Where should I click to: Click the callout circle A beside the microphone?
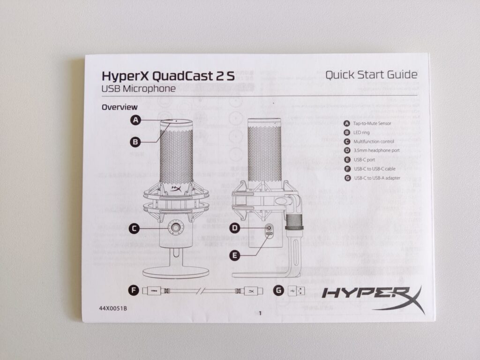pyautogui.click(x=136, y=120)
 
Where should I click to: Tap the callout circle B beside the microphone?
pyautogui.click(x=136, y=141)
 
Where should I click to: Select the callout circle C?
pyautogui.click(x=135, y=228)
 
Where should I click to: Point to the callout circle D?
pyautogui.click(x=236, y=228)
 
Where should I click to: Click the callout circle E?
pyautogui.click(x=236, y=255)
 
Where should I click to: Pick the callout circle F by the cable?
pyautogui.click(x=135, y=291)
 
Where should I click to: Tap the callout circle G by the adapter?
pyautogui.click(x=279, y=291)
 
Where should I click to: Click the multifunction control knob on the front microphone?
pyautogui.click(x=176, y=228)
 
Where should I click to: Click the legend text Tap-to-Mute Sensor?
pyautogui.click(x=373, y=123)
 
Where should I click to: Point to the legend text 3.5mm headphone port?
pyautogui.click(x=376, y=150)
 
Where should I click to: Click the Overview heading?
pyautogui.click(x=120, y=107)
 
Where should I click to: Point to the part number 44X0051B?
pyautogui.click(x=113, y=309)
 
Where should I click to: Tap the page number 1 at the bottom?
pyautogui.click(x=260, y=314)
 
